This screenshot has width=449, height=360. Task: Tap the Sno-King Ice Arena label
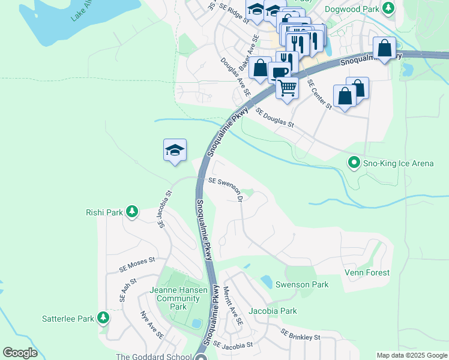pos(400,163)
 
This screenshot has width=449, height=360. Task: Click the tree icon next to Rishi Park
pos(131,212)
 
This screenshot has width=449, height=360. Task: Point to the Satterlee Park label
pos(68,319)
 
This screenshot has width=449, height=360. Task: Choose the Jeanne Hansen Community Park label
pos(178,298)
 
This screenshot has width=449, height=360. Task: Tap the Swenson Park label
pos(302,284)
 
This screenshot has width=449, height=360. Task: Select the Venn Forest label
pos(367,272)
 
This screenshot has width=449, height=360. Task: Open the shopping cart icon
pos(288,88)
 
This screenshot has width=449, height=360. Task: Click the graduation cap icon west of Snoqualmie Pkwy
pos(175,149)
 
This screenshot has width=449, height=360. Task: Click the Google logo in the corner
pos(20,353)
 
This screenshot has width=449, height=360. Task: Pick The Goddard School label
pos(155,357)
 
